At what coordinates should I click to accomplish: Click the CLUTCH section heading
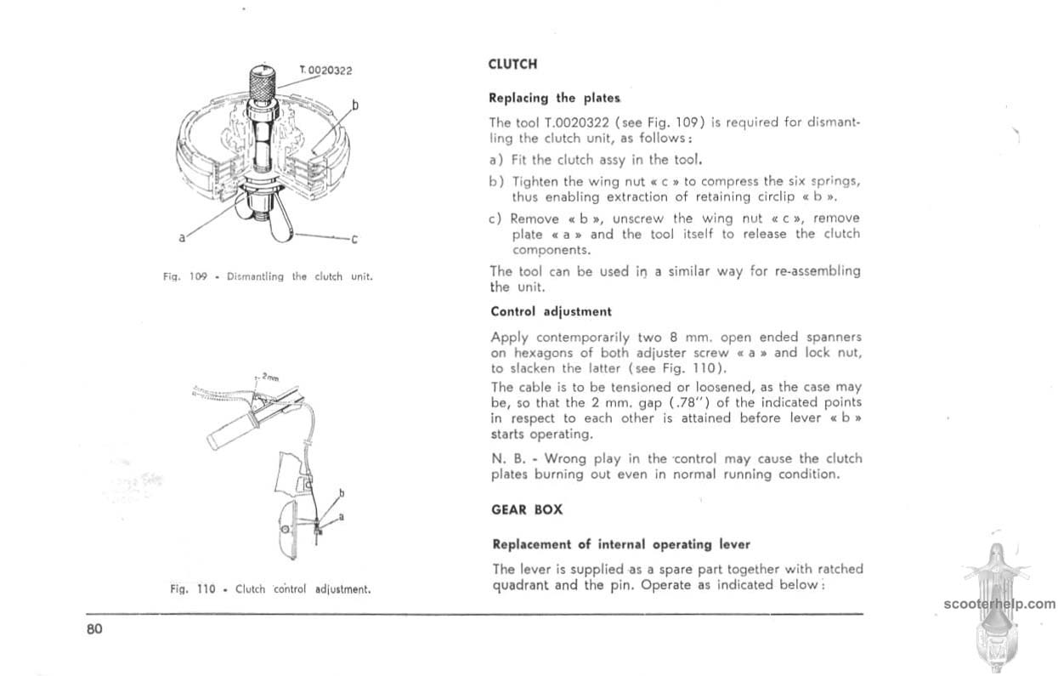coord(513,64)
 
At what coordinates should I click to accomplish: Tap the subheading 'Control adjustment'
coord(551,311)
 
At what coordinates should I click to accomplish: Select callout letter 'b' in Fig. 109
coord(354,105)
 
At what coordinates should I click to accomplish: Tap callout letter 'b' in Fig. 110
coord(342,493)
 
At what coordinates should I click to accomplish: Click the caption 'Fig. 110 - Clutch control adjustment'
coord(270,588)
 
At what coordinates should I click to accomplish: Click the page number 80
coord(93,630)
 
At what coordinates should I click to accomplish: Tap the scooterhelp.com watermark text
coord(999,605)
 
